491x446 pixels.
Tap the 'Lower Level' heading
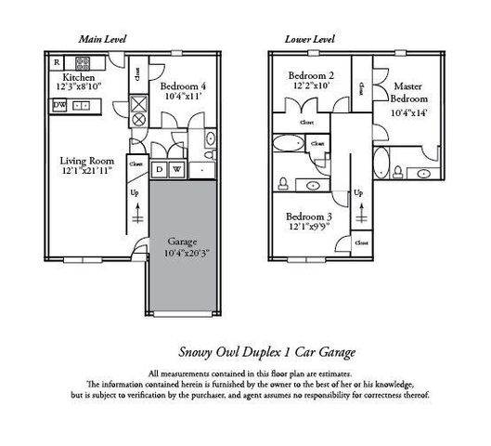(x=309, y=40)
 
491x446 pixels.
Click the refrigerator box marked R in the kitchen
(x=56, y=63)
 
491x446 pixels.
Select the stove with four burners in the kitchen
(x=82, y=64)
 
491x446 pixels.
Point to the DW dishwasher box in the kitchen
(x=59, y=106)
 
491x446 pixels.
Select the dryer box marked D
(x=159, y=169)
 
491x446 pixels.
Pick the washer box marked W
(x=174, y=169)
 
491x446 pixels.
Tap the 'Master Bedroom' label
(x=408, y=91)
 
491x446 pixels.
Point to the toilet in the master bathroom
(x=398, y=171)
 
